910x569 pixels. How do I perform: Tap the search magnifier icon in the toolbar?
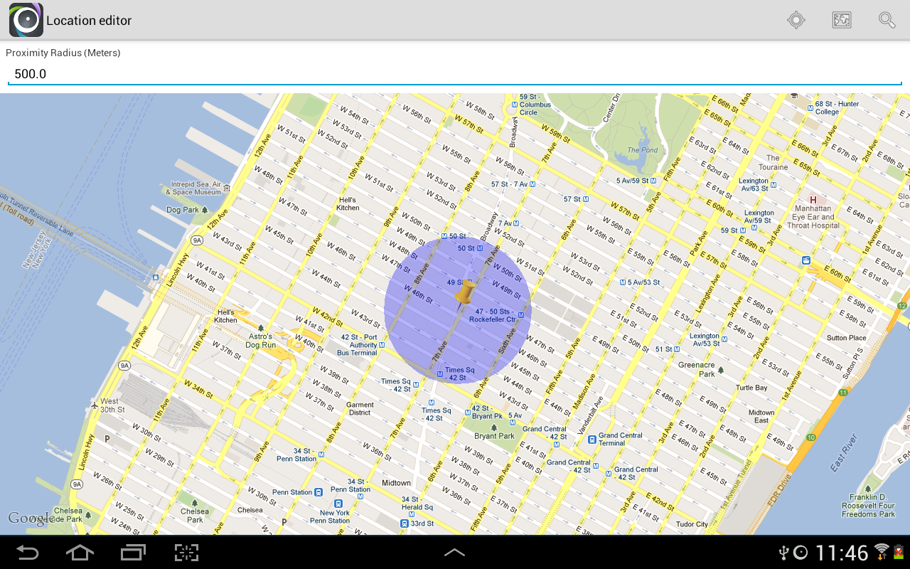(x=887, y=20)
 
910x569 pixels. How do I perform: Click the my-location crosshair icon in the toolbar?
(x=796, y=20)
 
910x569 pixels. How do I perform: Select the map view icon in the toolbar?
(x=842, y=20)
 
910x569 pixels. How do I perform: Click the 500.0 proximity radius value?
(x=31, y=74)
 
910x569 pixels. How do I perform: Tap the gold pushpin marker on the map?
(x=465, y=292)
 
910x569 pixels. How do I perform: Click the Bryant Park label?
(x=494, y=436)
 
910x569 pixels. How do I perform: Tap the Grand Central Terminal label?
(x=620, y=439)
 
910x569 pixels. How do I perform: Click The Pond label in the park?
(x=642, y=150)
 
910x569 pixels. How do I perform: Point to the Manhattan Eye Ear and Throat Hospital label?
(x=813, y=217)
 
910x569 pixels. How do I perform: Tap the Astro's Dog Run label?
(x=261, y=341)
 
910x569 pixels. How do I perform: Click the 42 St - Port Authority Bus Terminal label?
(x=358, y=345)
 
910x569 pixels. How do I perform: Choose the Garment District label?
(x=360, y=408)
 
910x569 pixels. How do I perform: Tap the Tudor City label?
(x=692, y=524)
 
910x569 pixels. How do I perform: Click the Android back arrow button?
(x=28, y=553)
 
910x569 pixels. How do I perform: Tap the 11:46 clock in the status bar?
(x=842, y=553)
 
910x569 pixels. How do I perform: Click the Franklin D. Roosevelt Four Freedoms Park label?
(x=868, y=505)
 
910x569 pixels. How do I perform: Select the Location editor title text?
(x=89, y=21)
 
